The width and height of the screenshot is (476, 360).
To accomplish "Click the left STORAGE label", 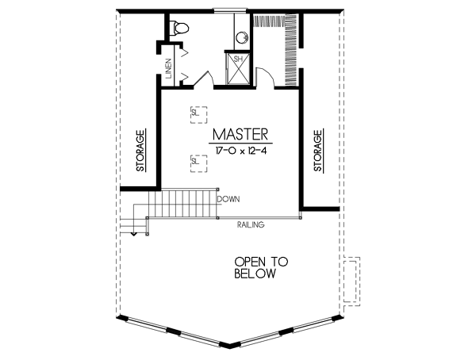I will [x=140, y=151].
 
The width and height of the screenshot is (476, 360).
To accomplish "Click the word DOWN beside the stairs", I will [x=229, y=199].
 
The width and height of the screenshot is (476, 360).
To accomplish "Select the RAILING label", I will [x=250, y=225].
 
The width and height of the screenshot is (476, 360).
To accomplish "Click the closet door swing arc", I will [x=269, y=76].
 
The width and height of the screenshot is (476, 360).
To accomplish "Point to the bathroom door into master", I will [x=202, y=79].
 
